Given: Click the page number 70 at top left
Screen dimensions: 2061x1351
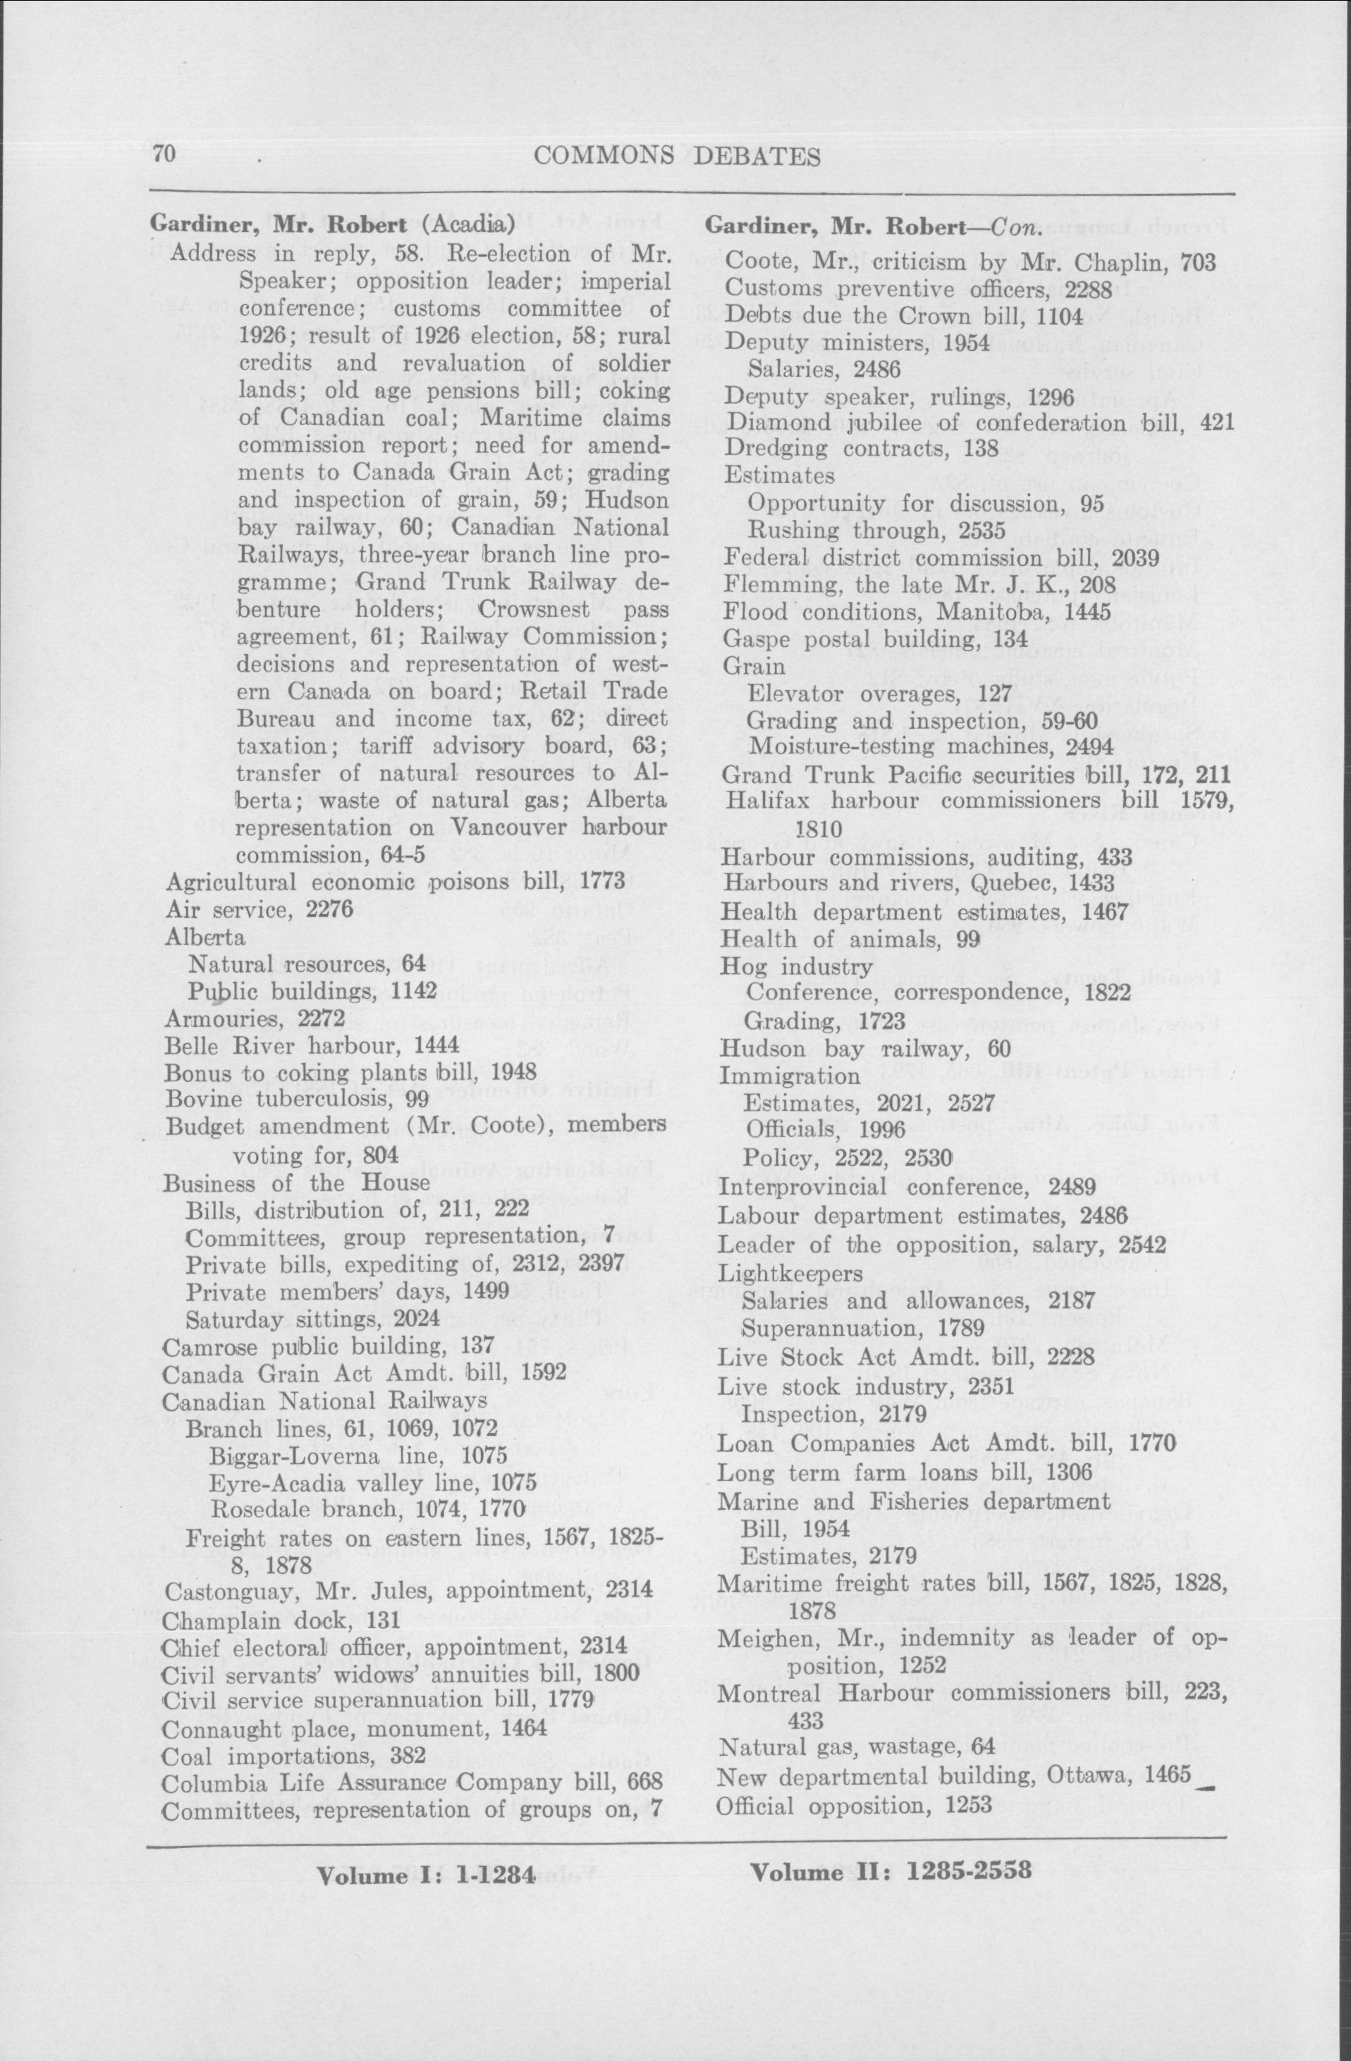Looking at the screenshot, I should point(164,155).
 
